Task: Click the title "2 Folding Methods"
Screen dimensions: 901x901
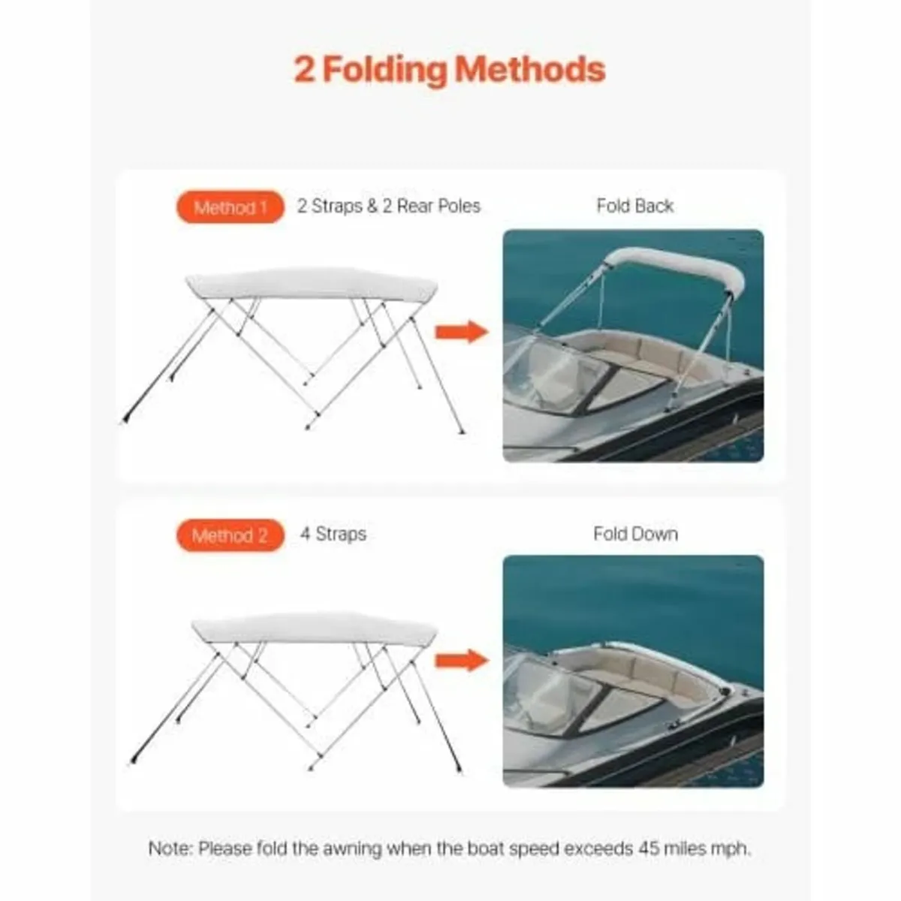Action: [x=449, y=69]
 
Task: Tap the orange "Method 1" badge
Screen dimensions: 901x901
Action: [x=230, y=207]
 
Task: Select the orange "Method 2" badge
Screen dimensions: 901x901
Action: [x=230, y=535]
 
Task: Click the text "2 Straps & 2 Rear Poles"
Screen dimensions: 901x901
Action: [x=388, y=206]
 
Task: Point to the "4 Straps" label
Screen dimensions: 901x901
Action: [x=333, y=535]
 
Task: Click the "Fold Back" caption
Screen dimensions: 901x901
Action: [x=634, y=206]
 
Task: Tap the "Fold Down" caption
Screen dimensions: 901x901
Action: [x=635, y=534]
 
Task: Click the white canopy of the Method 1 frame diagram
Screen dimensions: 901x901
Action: [x=312, y=283]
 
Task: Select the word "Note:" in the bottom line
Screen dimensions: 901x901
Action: [x=171, y=849]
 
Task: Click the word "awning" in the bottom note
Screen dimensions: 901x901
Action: [x=353, y=849]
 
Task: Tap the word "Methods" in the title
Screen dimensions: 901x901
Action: [x=530, y=69]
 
